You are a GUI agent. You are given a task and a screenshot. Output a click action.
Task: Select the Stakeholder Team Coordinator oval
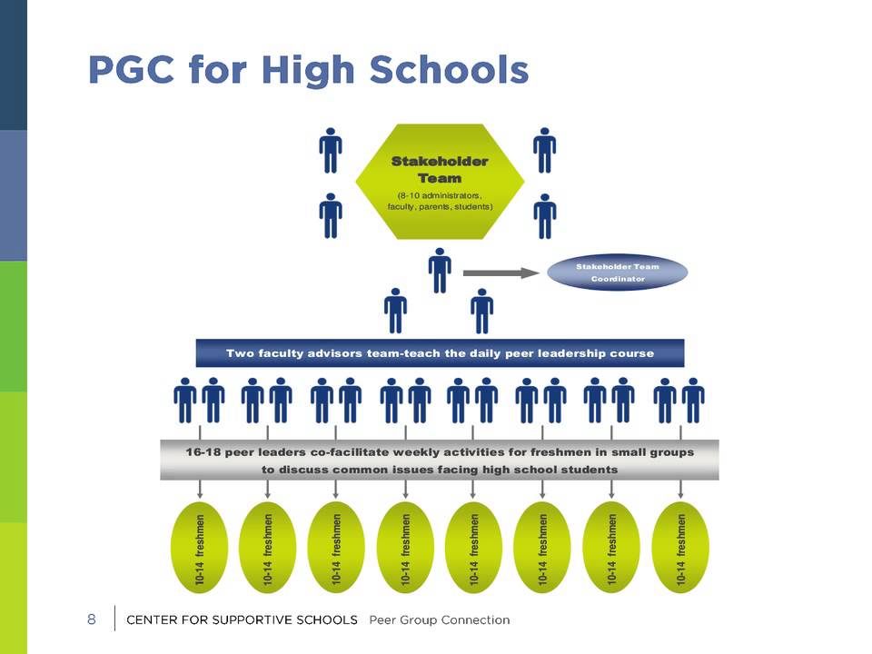click(x=618, y=272)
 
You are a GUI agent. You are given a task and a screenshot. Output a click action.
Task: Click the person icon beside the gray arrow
click(x=440, y=270)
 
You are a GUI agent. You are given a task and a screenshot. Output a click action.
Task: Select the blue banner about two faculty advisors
click(x=440, y=352)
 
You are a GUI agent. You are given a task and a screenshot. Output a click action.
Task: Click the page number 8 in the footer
click(x=91, y=619)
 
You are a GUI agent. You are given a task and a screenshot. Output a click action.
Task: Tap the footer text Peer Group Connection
click(x=440, y=620)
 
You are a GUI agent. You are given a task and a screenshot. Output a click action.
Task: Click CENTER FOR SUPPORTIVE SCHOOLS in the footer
click(x=242, y=620)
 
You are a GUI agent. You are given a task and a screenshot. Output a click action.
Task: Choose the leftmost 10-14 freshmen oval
click(x=200, y=547)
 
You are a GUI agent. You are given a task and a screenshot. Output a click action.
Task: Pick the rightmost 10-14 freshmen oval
click(x=680, y=547)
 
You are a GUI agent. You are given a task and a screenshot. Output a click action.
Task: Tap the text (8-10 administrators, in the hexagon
click(x=440, y=195)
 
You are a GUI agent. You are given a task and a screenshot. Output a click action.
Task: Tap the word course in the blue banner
click(x=631, y=352)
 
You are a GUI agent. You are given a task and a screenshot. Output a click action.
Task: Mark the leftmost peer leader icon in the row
click(x=185, y=401)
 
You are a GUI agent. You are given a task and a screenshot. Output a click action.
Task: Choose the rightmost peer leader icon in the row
click(x=693, y=401)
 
